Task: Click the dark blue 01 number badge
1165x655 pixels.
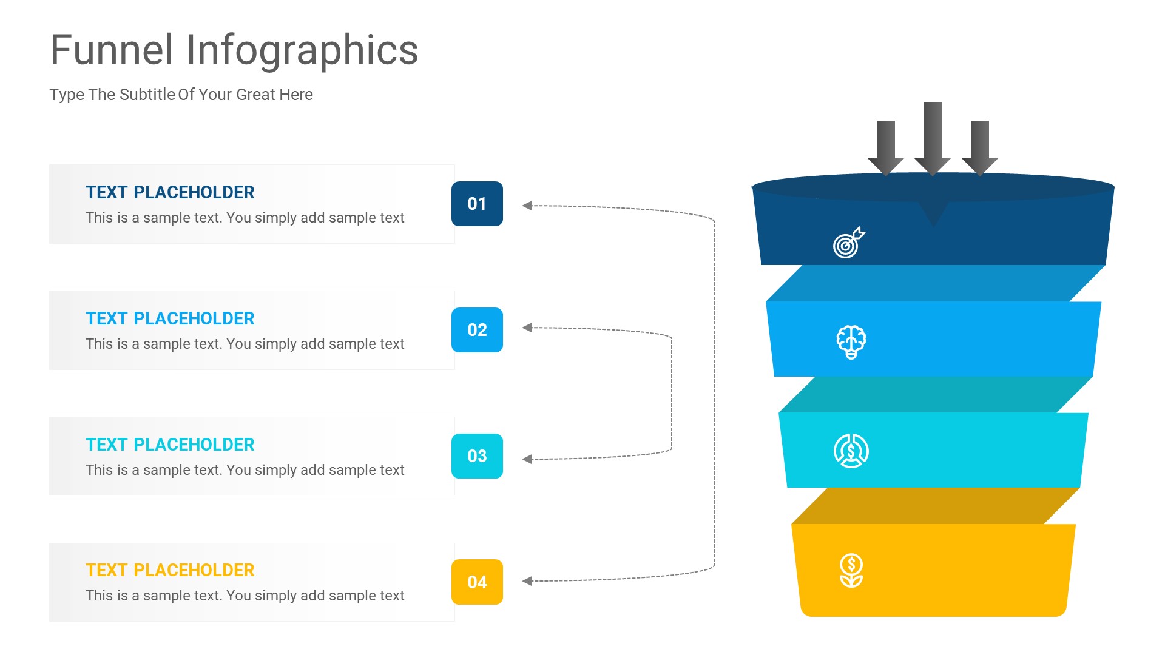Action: pyautogui.click(x=477, y=204)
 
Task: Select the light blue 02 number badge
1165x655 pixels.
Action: pyautogui.click(x=477, y=330)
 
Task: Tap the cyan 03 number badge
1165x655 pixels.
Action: pyautogui.click(x=477, y=456)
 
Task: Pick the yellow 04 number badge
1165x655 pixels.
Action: pyautogui.click(x=477, y=582)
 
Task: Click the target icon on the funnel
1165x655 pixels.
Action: pyautogui.click(x=848, y=243)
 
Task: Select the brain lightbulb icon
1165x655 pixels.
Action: pyautogui.click(x=851, y=342)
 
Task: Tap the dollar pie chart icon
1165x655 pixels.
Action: pyautogui.click(x=851, y=451)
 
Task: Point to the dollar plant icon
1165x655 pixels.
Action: pyautogui.click(x=851, y=571)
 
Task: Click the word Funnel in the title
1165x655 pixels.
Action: pyautogui.click(x=112, y=50)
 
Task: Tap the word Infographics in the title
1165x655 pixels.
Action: pyautogui.click(x=302, y=51)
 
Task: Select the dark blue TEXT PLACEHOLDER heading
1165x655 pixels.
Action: pyautogui.click(x=170, y=192)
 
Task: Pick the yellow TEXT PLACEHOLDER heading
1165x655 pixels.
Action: pyautogui.click(x=170, y=570)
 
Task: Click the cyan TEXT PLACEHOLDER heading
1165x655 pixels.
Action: pyautogui.click(x=170, y=445)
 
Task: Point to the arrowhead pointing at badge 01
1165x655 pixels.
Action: pyautogui.click(x=527, y=206)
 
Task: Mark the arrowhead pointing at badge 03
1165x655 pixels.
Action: pyautogui.click(x=527, y=459)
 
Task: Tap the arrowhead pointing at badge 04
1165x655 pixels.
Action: pyautogui.click(x=527, y=581)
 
